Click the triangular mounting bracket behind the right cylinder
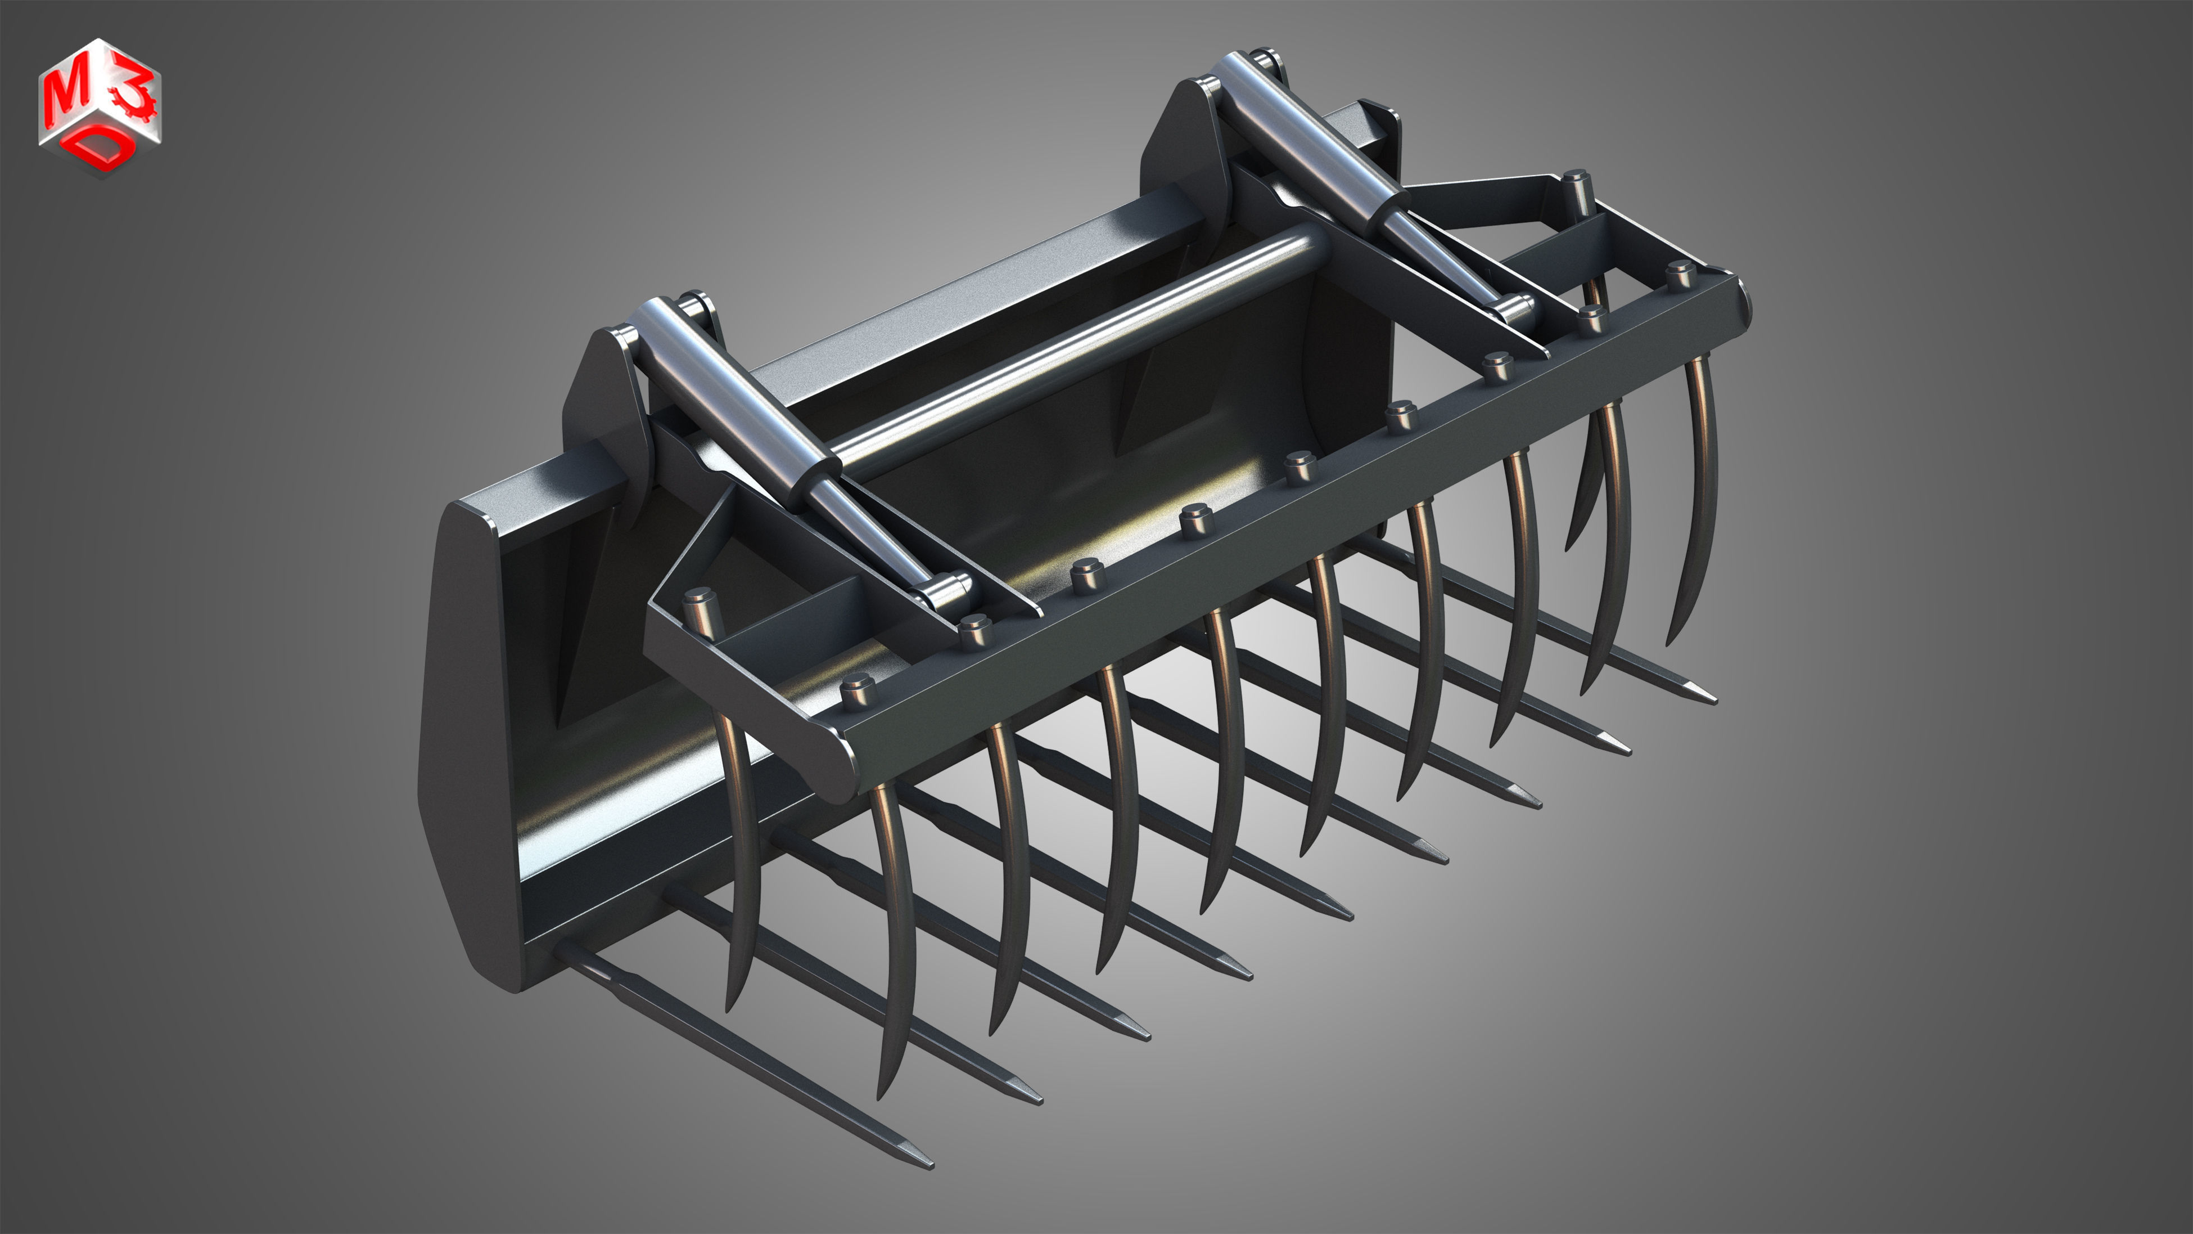(1179, 145)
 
